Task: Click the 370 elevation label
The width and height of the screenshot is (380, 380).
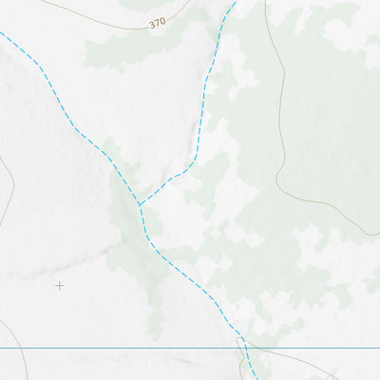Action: (157, 21)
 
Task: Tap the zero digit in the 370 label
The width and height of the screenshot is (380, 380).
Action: (162, 19)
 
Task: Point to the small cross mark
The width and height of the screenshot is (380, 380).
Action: (59, 285)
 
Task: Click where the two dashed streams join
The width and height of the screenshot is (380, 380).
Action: (140, 204)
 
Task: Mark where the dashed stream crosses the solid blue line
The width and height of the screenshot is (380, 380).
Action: (244, 349)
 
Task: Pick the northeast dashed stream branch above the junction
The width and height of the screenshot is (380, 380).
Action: (205, 85)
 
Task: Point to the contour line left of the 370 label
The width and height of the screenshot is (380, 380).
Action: (95, 16)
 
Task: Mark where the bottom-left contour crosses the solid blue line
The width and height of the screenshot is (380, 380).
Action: (23, 349)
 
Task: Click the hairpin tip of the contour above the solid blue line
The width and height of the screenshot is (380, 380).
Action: (239, 338)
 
